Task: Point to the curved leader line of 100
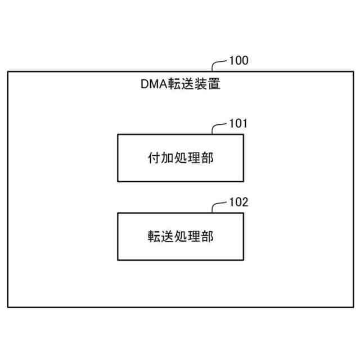tap(218, 64)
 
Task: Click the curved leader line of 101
tap(218, 127)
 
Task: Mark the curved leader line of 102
tap(218, 206)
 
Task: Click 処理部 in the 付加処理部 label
tap(193, 158)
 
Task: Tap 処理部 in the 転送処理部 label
tap(193, 236)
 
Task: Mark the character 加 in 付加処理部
tap(166, 158)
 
